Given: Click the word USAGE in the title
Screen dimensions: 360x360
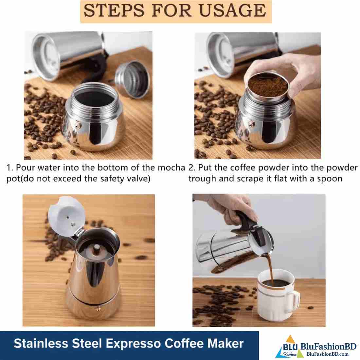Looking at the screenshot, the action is click(x=232, y=10).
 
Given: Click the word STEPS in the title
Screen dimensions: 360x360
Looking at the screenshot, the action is click(x=114, y=10).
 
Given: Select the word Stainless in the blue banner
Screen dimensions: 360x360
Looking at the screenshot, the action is click(x=41, y=343).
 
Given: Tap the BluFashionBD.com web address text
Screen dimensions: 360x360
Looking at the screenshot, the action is click(x=327, y=354).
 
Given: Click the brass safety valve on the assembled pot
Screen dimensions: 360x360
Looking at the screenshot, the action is click(x=98, y=309).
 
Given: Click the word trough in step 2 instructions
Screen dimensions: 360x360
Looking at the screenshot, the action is click(x=202, y=179).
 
